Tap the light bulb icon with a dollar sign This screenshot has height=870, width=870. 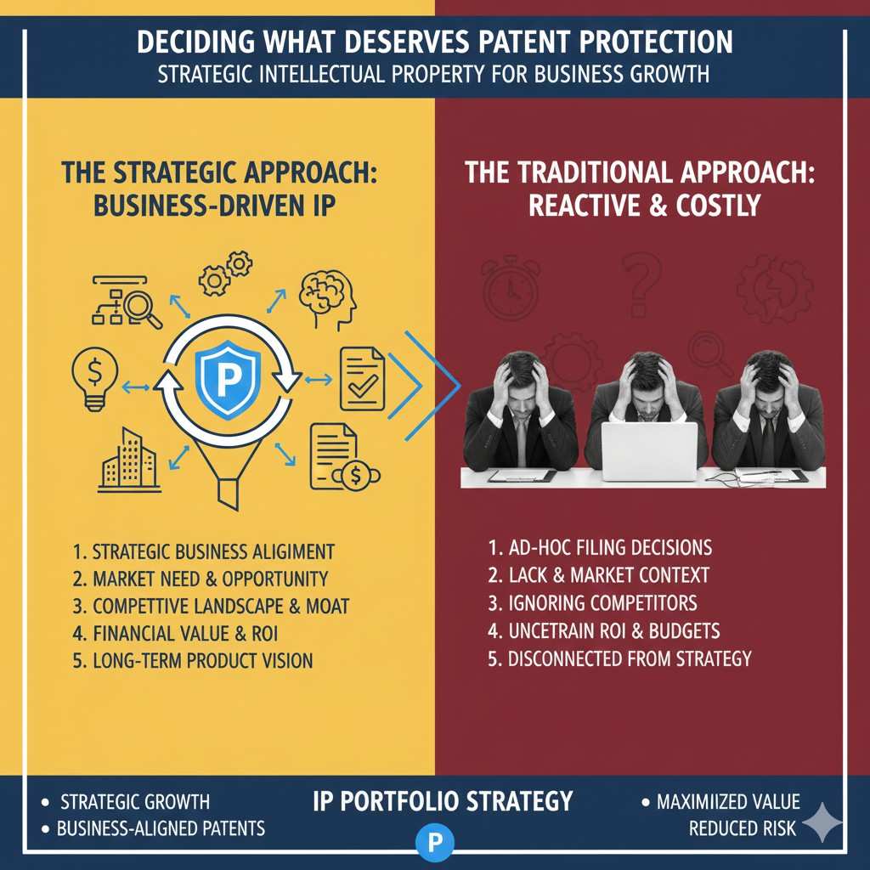click(95, 378)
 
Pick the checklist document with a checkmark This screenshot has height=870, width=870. click(362, 378)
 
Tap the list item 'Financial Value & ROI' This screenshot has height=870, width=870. click(175, 634)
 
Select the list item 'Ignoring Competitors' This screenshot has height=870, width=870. click(592, 603)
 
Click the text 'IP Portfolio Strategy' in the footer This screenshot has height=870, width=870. click(442, 801)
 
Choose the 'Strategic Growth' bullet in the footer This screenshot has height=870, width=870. click(126, 802)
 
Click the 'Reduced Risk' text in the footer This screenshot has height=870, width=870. click(743, 828)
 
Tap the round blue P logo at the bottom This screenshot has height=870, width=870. click(435, 843)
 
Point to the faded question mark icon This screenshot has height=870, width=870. click(641, 284)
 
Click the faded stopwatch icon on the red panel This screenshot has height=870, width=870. click(511, 287)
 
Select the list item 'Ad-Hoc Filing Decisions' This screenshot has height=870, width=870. click(600, 548)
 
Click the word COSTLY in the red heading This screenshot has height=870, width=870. click(718, 206)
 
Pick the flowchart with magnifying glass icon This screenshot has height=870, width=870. click(126, 302)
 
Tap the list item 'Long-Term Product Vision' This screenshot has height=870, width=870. click(193, 661)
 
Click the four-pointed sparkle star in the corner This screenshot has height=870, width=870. click(822, 822)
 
